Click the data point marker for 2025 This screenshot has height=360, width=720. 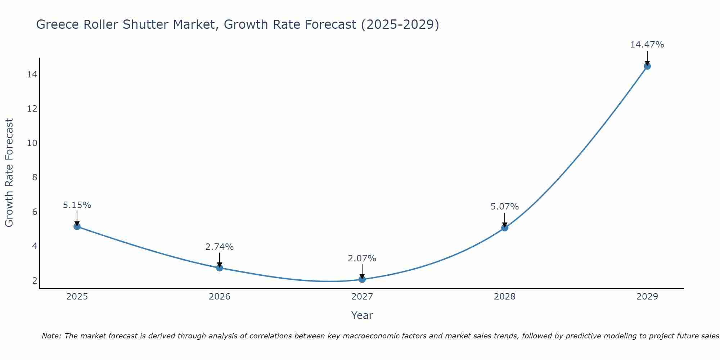[77, 226]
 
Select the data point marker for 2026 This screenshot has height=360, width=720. [220, 268]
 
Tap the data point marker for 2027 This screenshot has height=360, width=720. [362, 279]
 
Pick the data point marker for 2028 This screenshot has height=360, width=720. [505, 228]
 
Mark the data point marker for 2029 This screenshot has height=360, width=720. [647, 66]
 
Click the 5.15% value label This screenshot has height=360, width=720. [77, 205]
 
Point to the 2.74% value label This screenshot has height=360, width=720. [220, 247]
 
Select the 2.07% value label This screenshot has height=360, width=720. [362, 258]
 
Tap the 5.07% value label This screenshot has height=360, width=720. [505, 207]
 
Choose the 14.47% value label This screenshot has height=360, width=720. [647, 45]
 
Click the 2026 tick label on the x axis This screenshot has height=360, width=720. [220, 297]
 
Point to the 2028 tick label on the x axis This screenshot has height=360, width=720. [505, 297]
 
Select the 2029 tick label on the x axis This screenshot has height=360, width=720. [647, 297]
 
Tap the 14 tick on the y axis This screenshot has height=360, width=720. [32, 75]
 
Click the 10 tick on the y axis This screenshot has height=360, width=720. [32, 143]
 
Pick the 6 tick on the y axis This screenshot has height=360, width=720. [35, 212]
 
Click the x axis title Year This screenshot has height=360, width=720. [362, 315]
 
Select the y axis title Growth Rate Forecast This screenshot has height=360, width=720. [9, 173]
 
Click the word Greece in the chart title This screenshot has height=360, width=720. [58, 24]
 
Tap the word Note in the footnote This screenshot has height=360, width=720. [52, 336]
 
